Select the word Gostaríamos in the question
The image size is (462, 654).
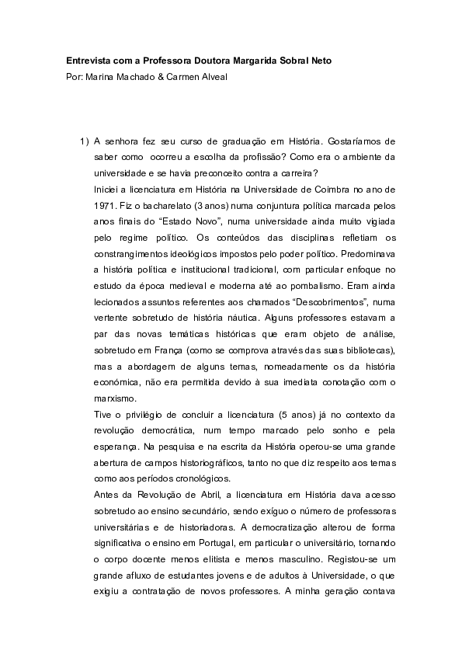[359, 142]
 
